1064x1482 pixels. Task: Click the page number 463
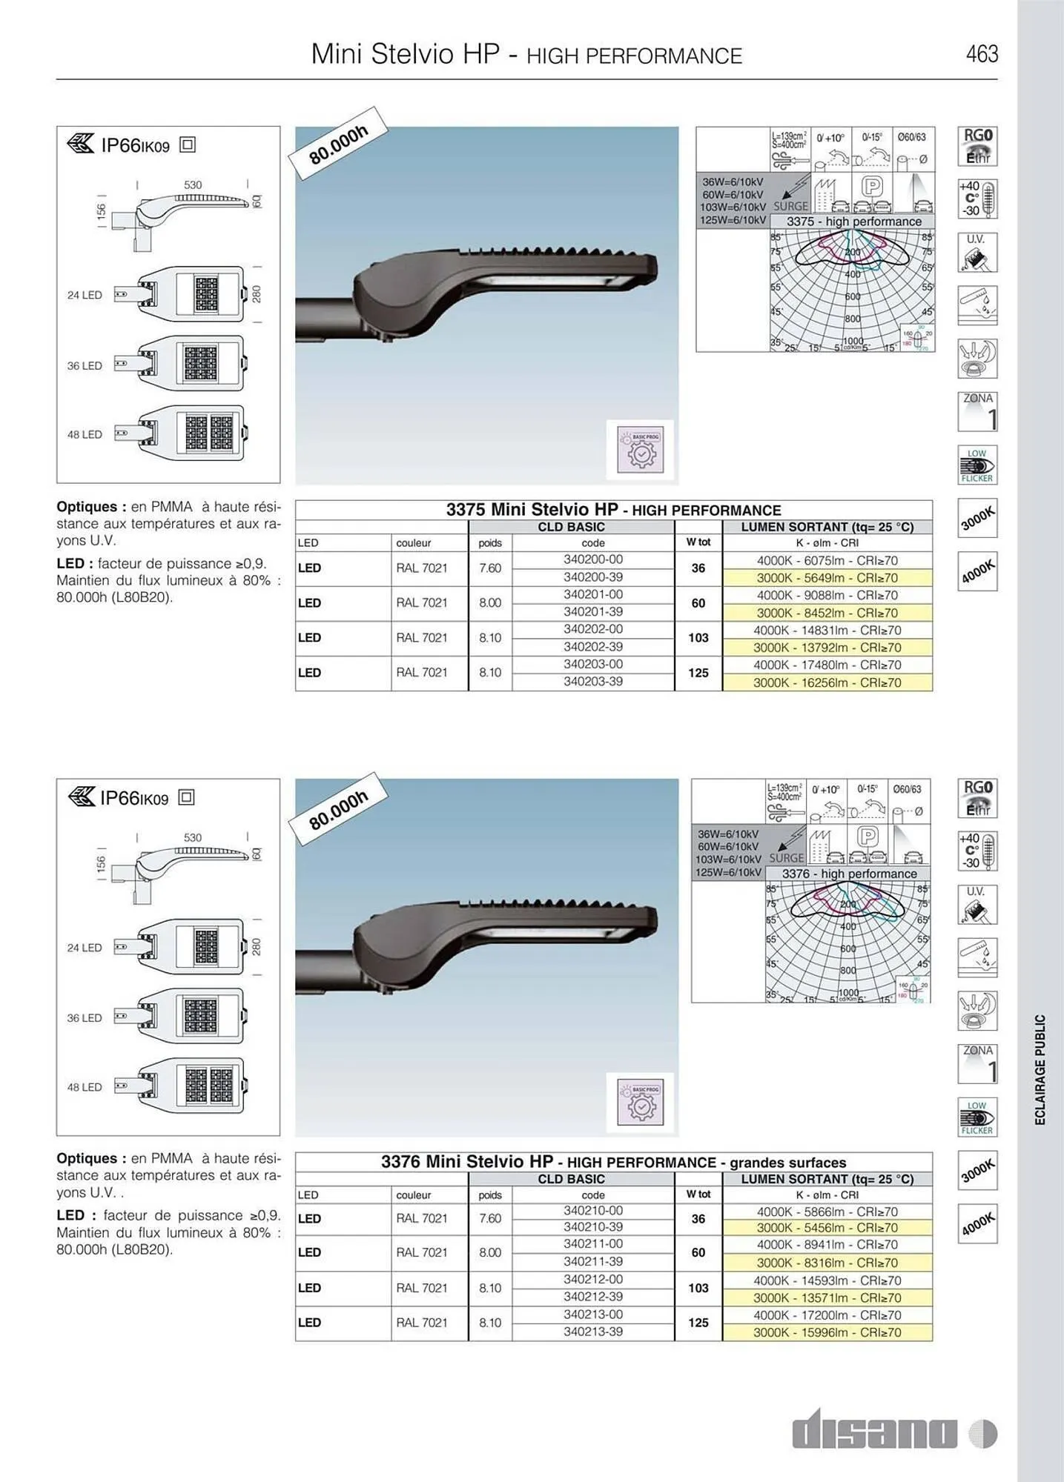tap(982, 54)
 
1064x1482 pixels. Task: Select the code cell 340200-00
tap(593, 559)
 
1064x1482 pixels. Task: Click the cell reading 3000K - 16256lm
tap(827, 682)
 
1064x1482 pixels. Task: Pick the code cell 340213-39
tap(593, 1332)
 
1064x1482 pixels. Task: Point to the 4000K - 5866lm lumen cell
tap(827, 1212)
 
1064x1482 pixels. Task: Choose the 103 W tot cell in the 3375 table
tap(698, 637)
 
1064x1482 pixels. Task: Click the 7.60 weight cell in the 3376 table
tap(490, 1218)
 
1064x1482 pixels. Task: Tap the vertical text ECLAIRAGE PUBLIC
tap(1040, 1069)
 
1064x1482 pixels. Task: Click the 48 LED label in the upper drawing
tap(85, 434)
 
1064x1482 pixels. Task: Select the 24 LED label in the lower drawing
tap(85, 948)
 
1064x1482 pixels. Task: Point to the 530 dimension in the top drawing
tap(193, 185)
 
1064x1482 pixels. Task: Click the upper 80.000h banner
tap(339, 144)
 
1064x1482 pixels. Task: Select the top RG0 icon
tap(977, 145)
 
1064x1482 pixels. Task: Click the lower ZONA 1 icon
tap(977, 1063)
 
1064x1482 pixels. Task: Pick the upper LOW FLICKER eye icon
tap(977, 465)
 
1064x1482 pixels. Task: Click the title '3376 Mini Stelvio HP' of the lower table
tap(467, 1162)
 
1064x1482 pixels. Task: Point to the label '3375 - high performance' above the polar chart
tap(853, 222)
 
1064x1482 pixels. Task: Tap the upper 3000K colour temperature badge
tap(977, 517)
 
